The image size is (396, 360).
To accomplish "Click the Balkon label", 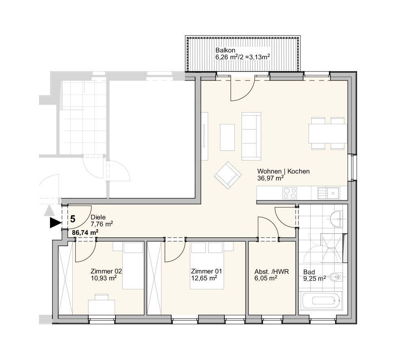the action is (225, 50).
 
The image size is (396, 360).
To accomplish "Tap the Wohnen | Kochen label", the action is (283, 171).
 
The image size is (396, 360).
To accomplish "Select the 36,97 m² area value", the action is (270, 178).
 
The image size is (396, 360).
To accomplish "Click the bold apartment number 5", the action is (73, 219).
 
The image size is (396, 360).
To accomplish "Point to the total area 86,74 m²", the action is (85, 232).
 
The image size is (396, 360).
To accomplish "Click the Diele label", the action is (98, 217).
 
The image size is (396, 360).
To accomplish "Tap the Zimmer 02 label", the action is (106, 271).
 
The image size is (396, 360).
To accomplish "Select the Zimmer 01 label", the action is (206, 271).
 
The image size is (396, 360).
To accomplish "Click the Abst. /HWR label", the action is (272, 272).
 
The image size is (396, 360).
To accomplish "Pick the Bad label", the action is (309, 272).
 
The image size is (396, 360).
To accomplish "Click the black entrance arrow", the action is (56, 223).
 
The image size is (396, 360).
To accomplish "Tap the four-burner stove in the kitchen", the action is (289, 193).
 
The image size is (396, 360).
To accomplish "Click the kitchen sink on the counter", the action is (329, 193).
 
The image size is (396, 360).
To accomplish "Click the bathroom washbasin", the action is (336, 219).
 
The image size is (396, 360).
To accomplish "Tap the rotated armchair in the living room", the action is (228, 176).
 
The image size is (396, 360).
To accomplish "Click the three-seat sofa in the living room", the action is (251, 137).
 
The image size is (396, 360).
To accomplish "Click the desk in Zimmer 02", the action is (102, 307).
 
